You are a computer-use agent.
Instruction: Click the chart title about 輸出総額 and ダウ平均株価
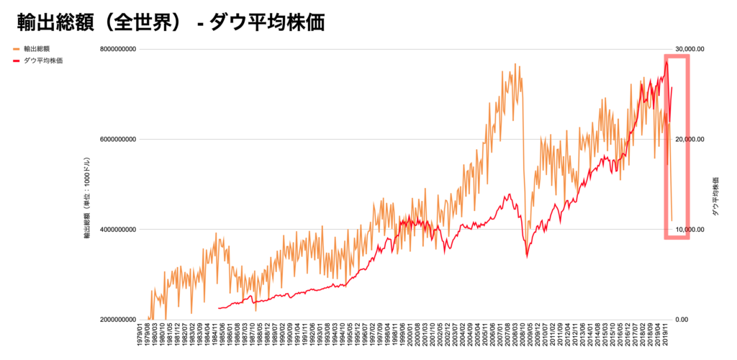[x=170, y=22]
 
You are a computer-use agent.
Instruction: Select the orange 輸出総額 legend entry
[x=36, y=49]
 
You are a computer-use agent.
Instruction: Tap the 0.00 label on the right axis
[x=682, y=320]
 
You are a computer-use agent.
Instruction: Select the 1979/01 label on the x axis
[x=140, y=338]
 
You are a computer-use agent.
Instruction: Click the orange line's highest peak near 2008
[x=515, y=64]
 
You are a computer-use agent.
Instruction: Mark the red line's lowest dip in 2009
[x=527, y=256]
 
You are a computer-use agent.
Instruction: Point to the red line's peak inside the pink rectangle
[x=667, y=60]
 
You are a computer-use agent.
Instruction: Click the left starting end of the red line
[x=217, y=308]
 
